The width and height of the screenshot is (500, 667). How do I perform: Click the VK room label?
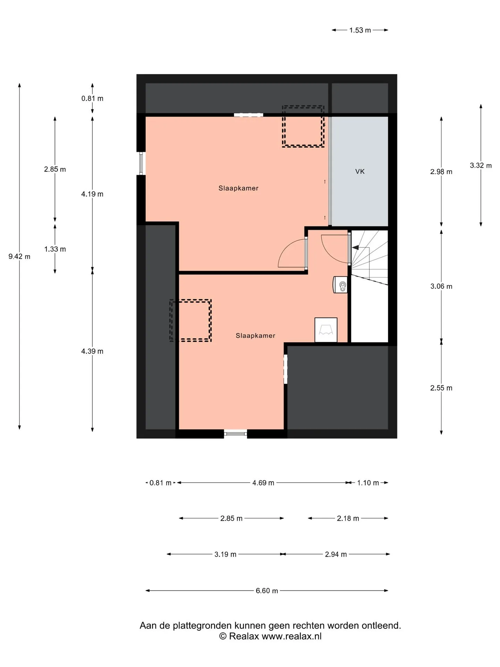pyautogui.click(x=360, y=171)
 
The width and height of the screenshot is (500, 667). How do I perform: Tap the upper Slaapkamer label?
pyautogui.click(x=238, y=188)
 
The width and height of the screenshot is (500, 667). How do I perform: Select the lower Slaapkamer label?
pyautogui.click(x=256, y=336)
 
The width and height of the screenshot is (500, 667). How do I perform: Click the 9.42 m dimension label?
pyautogui.click(x=19, y=257)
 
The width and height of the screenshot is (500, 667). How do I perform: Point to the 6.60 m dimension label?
pyautogui.click(x=267, y=591)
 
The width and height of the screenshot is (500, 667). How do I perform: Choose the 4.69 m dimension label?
pyautogui.click(x=263, y=483)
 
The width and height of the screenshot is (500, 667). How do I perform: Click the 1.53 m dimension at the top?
pyautogui.click(x=360, y=30)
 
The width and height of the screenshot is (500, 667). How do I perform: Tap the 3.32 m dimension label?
pyautogui.click(x=481, y=165)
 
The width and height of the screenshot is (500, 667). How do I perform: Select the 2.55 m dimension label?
pyautogui.click(x=441, y=388)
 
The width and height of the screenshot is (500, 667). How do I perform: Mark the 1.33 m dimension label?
pyautogui.click(x=55, y=249)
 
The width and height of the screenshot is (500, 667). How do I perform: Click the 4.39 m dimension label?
pyautogui.click(x=92, y=351)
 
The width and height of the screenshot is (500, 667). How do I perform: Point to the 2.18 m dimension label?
pyautogui.click(x=348, y=518)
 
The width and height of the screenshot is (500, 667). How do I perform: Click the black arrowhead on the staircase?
pyautogui.click(x=356, y=247)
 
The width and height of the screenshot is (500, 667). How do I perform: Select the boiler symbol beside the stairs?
pyautogui.click(x=340, y=285)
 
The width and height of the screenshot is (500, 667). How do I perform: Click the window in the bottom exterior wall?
pyautogui.click(x=235, y=433)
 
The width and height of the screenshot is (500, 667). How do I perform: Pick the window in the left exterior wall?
pyautogui.click(x=141, y=163)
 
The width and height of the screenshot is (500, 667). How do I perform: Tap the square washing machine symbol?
pyautogui.click(x=326, y=330)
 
